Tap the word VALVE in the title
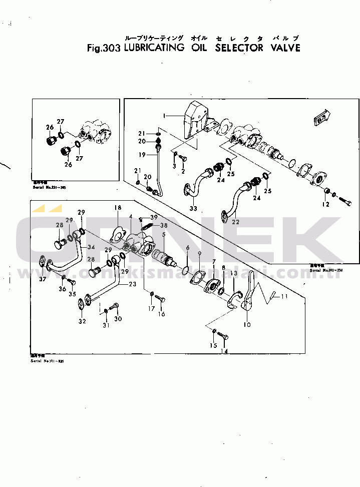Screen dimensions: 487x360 pos(283,48)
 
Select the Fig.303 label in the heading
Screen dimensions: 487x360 pos(104,49)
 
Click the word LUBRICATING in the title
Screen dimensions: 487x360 pos(153,48)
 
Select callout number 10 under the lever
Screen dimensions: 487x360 pos(247,324)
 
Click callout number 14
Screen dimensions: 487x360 pos(224,351)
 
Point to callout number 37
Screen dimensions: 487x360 pos(43,279)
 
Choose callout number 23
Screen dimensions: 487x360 pos(132,284)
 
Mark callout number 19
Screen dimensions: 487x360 pos(142,155)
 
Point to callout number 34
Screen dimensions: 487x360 pos(91,247)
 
